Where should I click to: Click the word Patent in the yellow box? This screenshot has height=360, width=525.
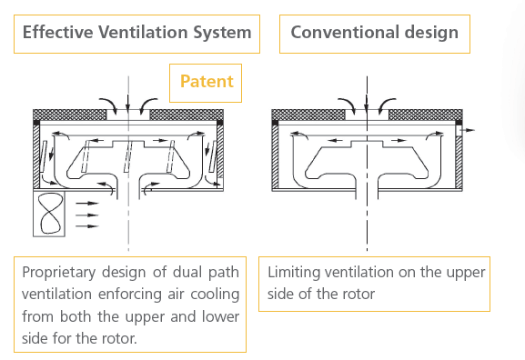click(x=207, y=81)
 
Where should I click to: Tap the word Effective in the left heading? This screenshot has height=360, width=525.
click(x=57, y=33)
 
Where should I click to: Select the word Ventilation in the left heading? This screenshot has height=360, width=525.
click(x=143, y=33)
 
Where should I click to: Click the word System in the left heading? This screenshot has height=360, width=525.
click(x=222, y=33)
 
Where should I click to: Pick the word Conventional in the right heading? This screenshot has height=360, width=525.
click(x=345, y=33)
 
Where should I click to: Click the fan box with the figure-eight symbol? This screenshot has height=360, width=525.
click(x=49, y=215)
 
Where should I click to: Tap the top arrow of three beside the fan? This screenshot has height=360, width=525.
click(x=87, y=203)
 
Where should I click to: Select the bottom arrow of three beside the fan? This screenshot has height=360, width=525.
click(x=87, y=226)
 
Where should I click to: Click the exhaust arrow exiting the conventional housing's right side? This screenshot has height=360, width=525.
click(x=468, y=130)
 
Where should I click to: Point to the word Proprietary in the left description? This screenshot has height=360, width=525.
click(x=59, y=273)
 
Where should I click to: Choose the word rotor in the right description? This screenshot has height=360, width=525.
click(x=360, y=295)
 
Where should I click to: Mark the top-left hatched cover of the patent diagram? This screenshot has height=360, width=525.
click(x=70, y=115)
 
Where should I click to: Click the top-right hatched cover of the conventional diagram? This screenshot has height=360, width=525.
click(x=426, y=115)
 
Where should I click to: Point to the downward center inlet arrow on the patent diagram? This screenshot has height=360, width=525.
click(x=128, y=103)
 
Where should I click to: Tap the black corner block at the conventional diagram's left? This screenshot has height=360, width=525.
click(x=275, y=123)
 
